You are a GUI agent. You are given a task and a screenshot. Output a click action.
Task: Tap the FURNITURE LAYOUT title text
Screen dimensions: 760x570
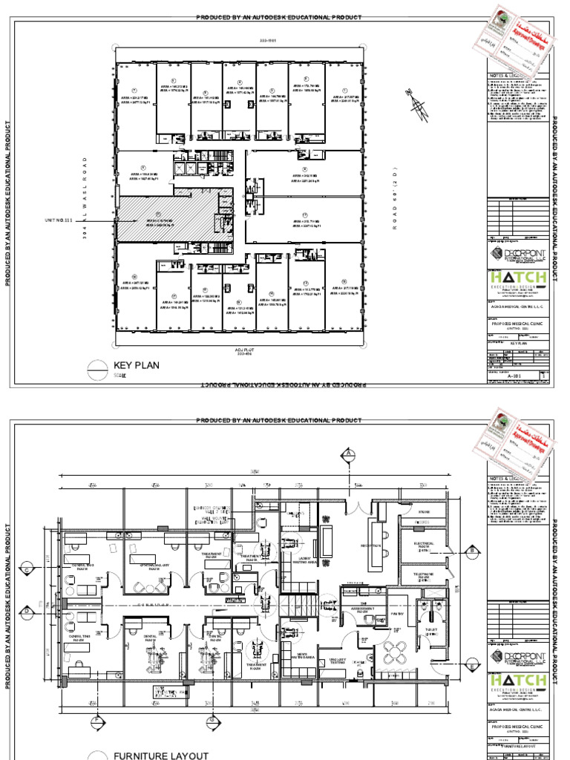tap(156, 756)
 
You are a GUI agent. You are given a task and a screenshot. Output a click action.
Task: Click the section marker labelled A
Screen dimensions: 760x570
tap(347, 453)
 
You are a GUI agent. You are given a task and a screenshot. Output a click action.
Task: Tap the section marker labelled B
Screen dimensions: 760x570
tap(471, 550)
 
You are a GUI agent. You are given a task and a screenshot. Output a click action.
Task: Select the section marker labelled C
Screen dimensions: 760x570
tap(28, 569)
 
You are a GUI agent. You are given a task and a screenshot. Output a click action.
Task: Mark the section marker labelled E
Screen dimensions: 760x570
tap(471, 667)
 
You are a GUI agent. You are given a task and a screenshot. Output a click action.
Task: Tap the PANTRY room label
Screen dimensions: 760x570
tap(396, 614)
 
